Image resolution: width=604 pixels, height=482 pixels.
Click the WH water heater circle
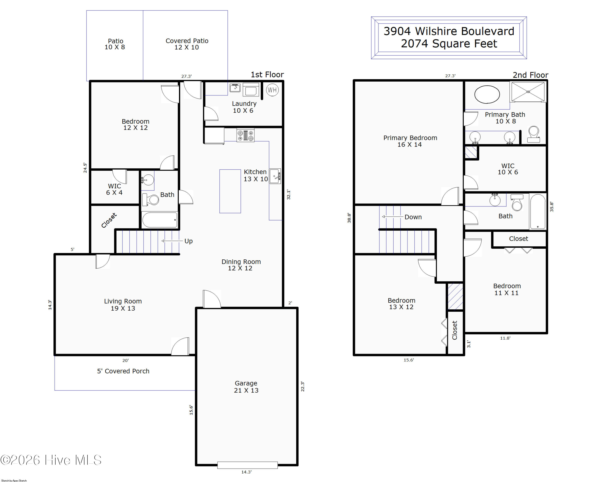pos(272,90)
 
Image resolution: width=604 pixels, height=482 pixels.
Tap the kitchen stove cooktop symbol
pos(245,135)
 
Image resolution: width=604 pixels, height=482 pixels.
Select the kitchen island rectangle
pos(230,191)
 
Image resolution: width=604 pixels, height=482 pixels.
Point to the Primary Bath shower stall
pos(528,92)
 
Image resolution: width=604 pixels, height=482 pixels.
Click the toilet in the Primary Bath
pos(534,134)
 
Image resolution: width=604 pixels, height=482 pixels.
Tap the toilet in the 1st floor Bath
pos(150,200)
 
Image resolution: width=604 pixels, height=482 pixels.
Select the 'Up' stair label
pos(188,241)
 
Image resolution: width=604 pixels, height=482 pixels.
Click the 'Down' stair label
pos(413,217)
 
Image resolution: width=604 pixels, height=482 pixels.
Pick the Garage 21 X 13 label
pos(246,387)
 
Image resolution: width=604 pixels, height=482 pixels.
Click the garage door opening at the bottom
pos(247,465)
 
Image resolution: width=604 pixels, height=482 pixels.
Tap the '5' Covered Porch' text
pos(123,371)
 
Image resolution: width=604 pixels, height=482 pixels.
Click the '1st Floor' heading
pos(267,75)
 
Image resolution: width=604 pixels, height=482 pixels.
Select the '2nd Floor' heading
pos(530,75)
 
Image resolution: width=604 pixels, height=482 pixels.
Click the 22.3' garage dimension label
pos(302,387)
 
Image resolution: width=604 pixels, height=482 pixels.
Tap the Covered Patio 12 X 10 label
pos(187,44)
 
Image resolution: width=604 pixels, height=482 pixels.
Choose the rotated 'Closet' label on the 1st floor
pos(109,220)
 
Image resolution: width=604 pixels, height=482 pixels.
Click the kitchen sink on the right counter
pos(275,176)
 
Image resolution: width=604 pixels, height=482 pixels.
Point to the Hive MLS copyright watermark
pos(51,460)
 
